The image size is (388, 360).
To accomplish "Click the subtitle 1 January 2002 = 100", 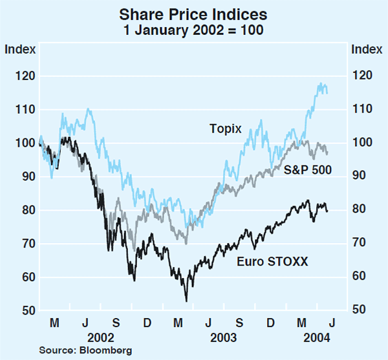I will point(194,30).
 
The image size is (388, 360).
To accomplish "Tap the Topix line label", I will point(225,129).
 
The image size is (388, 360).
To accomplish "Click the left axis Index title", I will point(17,48).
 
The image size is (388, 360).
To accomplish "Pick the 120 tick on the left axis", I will point(25,76).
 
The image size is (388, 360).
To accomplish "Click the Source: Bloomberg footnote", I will point(85,350).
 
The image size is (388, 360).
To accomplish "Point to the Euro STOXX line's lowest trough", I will point(186,301).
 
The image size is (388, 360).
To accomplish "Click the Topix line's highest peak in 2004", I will point(319,83).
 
